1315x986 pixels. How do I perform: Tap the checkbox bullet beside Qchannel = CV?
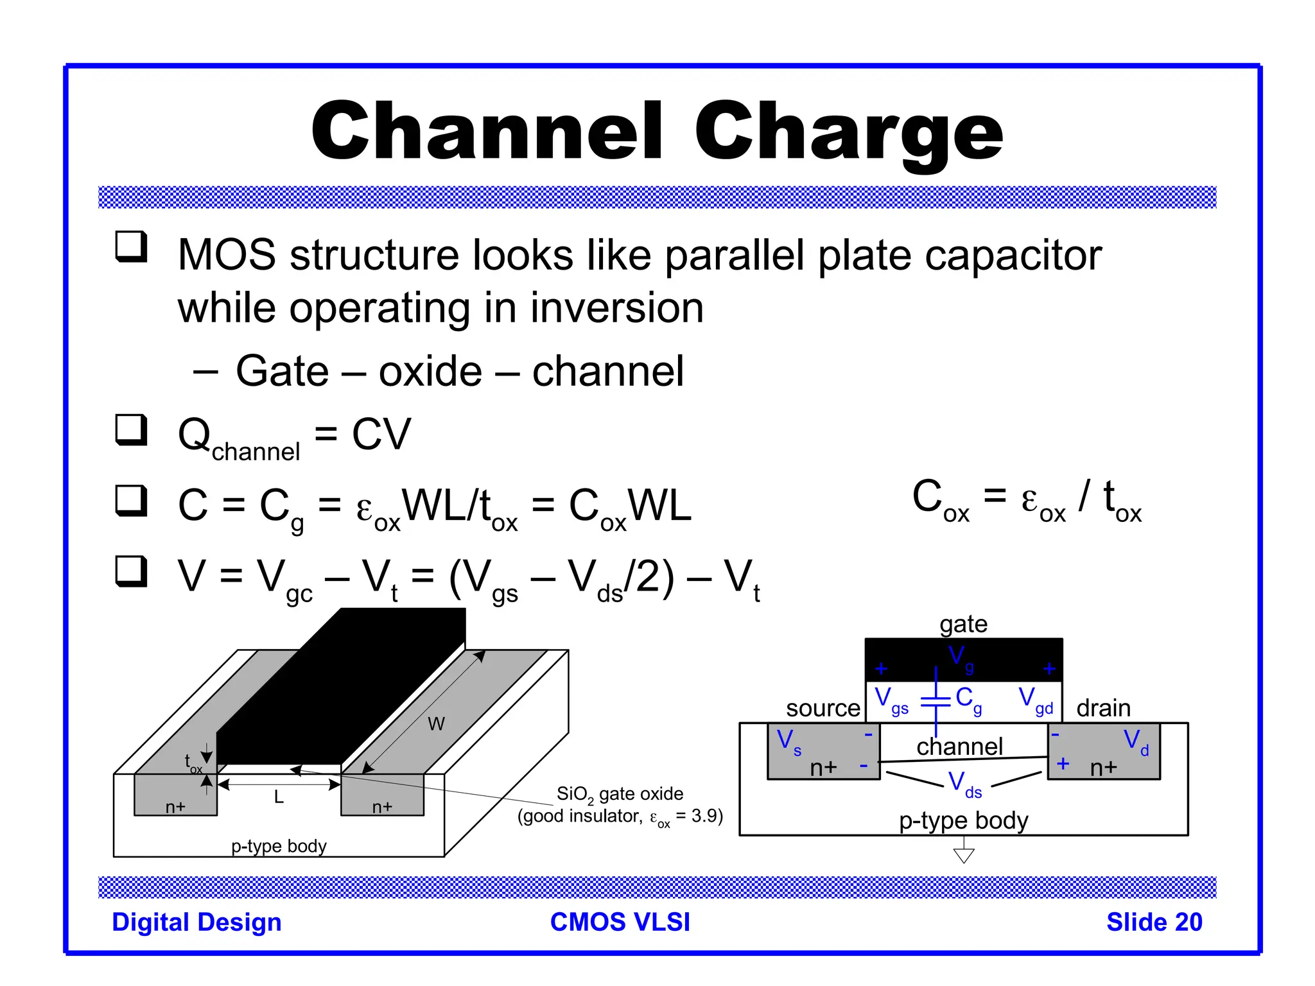(131, 429)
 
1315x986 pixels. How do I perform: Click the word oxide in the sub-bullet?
(430, 371)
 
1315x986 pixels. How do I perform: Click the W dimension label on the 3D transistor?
(436, 724)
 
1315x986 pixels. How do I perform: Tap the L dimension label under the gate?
(279, 797)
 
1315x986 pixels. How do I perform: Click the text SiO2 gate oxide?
(620, 795)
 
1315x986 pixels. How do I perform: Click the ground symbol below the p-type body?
(964, 854)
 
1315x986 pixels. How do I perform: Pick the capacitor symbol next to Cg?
(936, 701)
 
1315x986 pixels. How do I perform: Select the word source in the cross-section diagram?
(823, 708)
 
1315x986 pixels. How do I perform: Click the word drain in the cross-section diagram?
(1103, 708)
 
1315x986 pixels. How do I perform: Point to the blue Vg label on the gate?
(961, 658)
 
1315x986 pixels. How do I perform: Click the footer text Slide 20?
(1154, 922)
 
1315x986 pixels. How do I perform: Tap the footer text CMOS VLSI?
(620, 922)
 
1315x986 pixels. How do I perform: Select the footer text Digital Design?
(196, 922)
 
